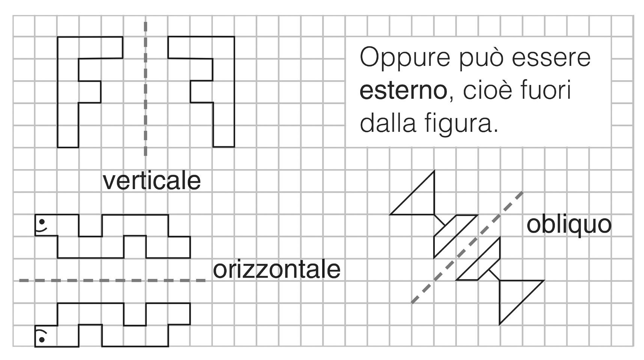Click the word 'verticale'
coord(152,181)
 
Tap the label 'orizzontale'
coord(276,269)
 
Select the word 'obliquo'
coord(569,225)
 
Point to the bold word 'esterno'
coord(403,91)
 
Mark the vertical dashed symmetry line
coord(145,90)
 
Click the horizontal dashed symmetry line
coord(113,280)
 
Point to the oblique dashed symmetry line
coord(468,247)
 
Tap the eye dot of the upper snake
coord(42,221)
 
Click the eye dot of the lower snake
coord(42,340)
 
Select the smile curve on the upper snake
coord(42,229)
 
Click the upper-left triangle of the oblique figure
coord(421,199)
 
